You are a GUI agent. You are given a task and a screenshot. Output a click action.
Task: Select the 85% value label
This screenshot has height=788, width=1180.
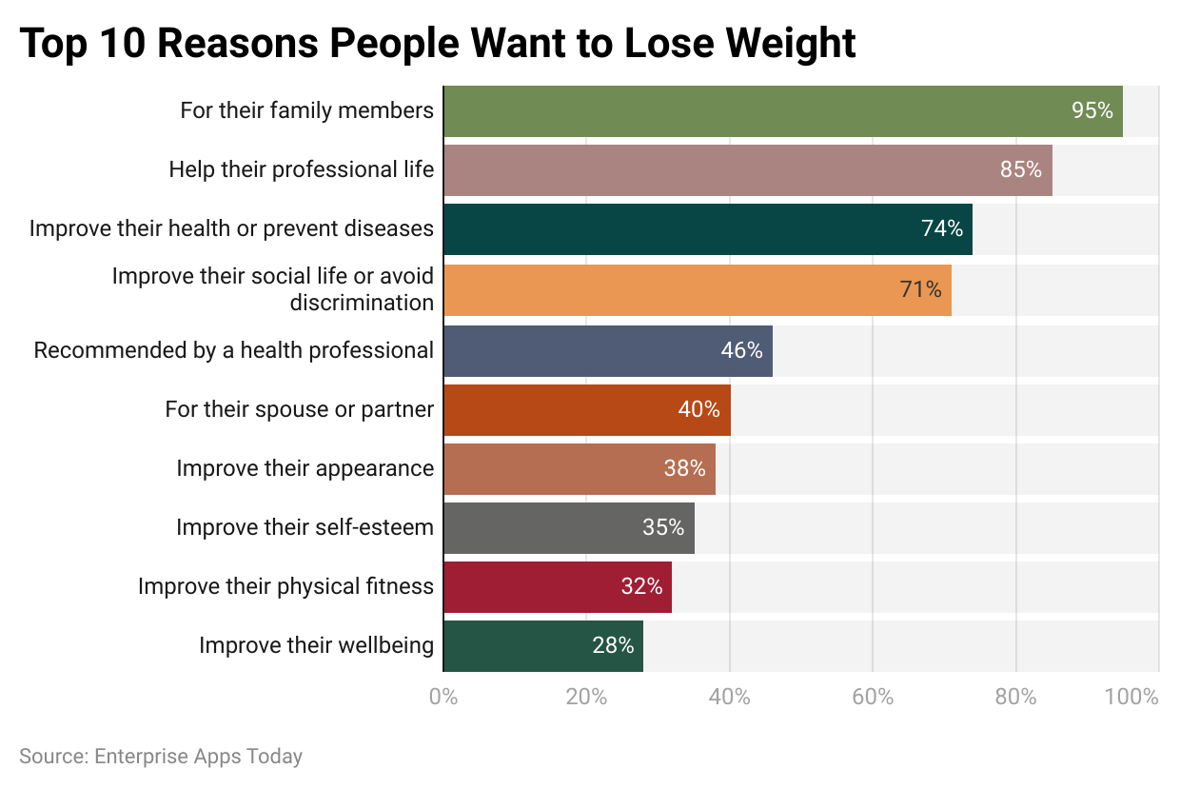1020,170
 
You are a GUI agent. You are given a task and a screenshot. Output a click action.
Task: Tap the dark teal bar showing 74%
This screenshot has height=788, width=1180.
707,229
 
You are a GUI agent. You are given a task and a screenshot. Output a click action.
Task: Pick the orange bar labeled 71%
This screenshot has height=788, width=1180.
697,289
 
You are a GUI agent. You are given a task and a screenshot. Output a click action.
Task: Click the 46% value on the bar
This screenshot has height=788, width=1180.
741,350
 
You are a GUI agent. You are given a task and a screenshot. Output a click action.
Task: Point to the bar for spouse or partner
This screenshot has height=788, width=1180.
586,410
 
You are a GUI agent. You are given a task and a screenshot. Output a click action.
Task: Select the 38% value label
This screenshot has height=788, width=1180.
684,468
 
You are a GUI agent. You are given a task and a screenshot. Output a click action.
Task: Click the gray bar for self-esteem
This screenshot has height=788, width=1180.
568,528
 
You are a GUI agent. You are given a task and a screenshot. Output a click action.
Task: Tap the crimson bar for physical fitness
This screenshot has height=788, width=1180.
557,587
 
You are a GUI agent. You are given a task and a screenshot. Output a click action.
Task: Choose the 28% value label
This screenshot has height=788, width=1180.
613,645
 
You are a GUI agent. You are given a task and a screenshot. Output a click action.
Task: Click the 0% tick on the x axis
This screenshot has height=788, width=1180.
443,697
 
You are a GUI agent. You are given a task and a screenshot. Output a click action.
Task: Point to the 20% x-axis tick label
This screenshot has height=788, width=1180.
586,697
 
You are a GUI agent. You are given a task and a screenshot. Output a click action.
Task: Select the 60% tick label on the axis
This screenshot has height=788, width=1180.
873,697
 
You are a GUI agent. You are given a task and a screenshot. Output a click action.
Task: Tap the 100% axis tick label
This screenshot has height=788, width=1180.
1131,697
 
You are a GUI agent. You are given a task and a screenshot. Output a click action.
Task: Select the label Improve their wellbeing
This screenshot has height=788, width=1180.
316,645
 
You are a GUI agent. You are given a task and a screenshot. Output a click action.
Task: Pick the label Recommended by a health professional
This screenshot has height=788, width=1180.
233,350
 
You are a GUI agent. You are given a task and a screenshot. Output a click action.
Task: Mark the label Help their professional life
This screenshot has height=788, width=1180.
301,170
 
